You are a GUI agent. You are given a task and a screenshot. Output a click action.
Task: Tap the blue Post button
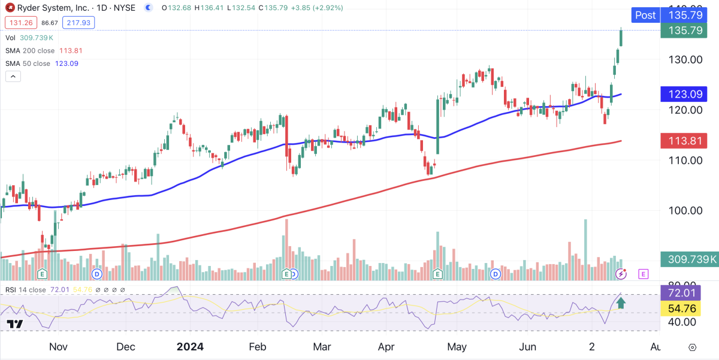645,15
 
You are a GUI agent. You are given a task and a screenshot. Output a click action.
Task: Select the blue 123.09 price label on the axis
688,94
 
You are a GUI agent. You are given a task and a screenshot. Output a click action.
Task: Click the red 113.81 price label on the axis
688,141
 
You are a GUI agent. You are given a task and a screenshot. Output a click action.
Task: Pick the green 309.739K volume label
688,259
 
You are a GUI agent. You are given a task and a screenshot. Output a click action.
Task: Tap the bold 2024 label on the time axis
190,347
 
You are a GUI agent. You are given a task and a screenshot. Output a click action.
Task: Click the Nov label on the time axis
58,347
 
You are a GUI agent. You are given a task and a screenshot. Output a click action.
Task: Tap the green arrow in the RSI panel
621,302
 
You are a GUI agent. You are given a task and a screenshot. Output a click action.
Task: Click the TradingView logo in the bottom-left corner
15,324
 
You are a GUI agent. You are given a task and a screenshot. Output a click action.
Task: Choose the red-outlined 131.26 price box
21,23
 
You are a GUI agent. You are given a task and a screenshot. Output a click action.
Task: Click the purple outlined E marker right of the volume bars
643,274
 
